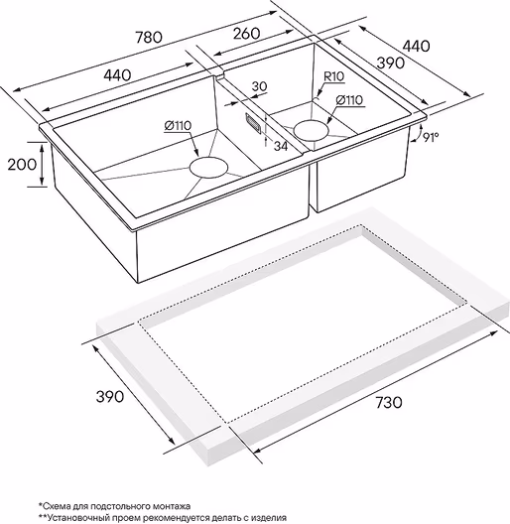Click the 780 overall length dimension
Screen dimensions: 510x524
[x=149, y=37]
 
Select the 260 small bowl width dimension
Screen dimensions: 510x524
[x=246, y=34]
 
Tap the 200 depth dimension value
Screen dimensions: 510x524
[x=22, y=164]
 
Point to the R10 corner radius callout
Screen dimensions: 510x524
[x=333, y=76]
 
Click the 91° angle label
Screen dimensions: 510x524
[x=430, y=137]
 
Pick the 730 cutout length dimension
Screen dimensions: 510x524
[x=389, y=402]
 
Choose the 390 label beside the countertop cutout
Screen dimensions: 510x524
[x=110, y=396]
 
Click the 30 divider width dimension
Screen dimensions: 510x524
[x=259, y=86]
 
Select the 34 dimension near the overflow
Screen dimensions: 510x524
[x=280, y=146]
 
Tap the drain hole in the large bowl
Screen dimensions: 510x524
[x=209, y=167]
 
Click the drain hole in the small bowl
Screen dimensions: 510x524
[x=312, y=130]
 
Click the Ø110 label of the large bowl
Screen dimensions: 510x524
[x=178, y=126]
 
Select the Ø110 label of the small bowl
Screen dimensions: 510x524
[x=349, y=100]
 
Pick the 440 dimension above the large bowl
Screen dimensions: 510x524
[x=117, y=75]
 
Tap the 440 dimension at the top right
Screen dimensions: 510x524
[x=416, y=46]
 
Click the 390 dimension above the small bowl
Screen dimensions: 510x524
[x=391, y=63]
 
